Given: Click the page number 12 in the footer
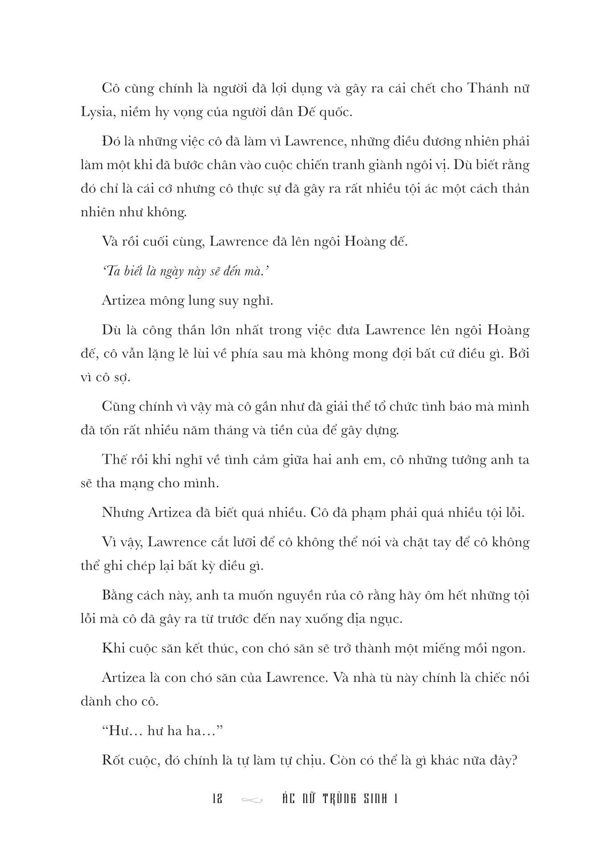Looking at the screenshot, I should (x=218, y=799).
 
